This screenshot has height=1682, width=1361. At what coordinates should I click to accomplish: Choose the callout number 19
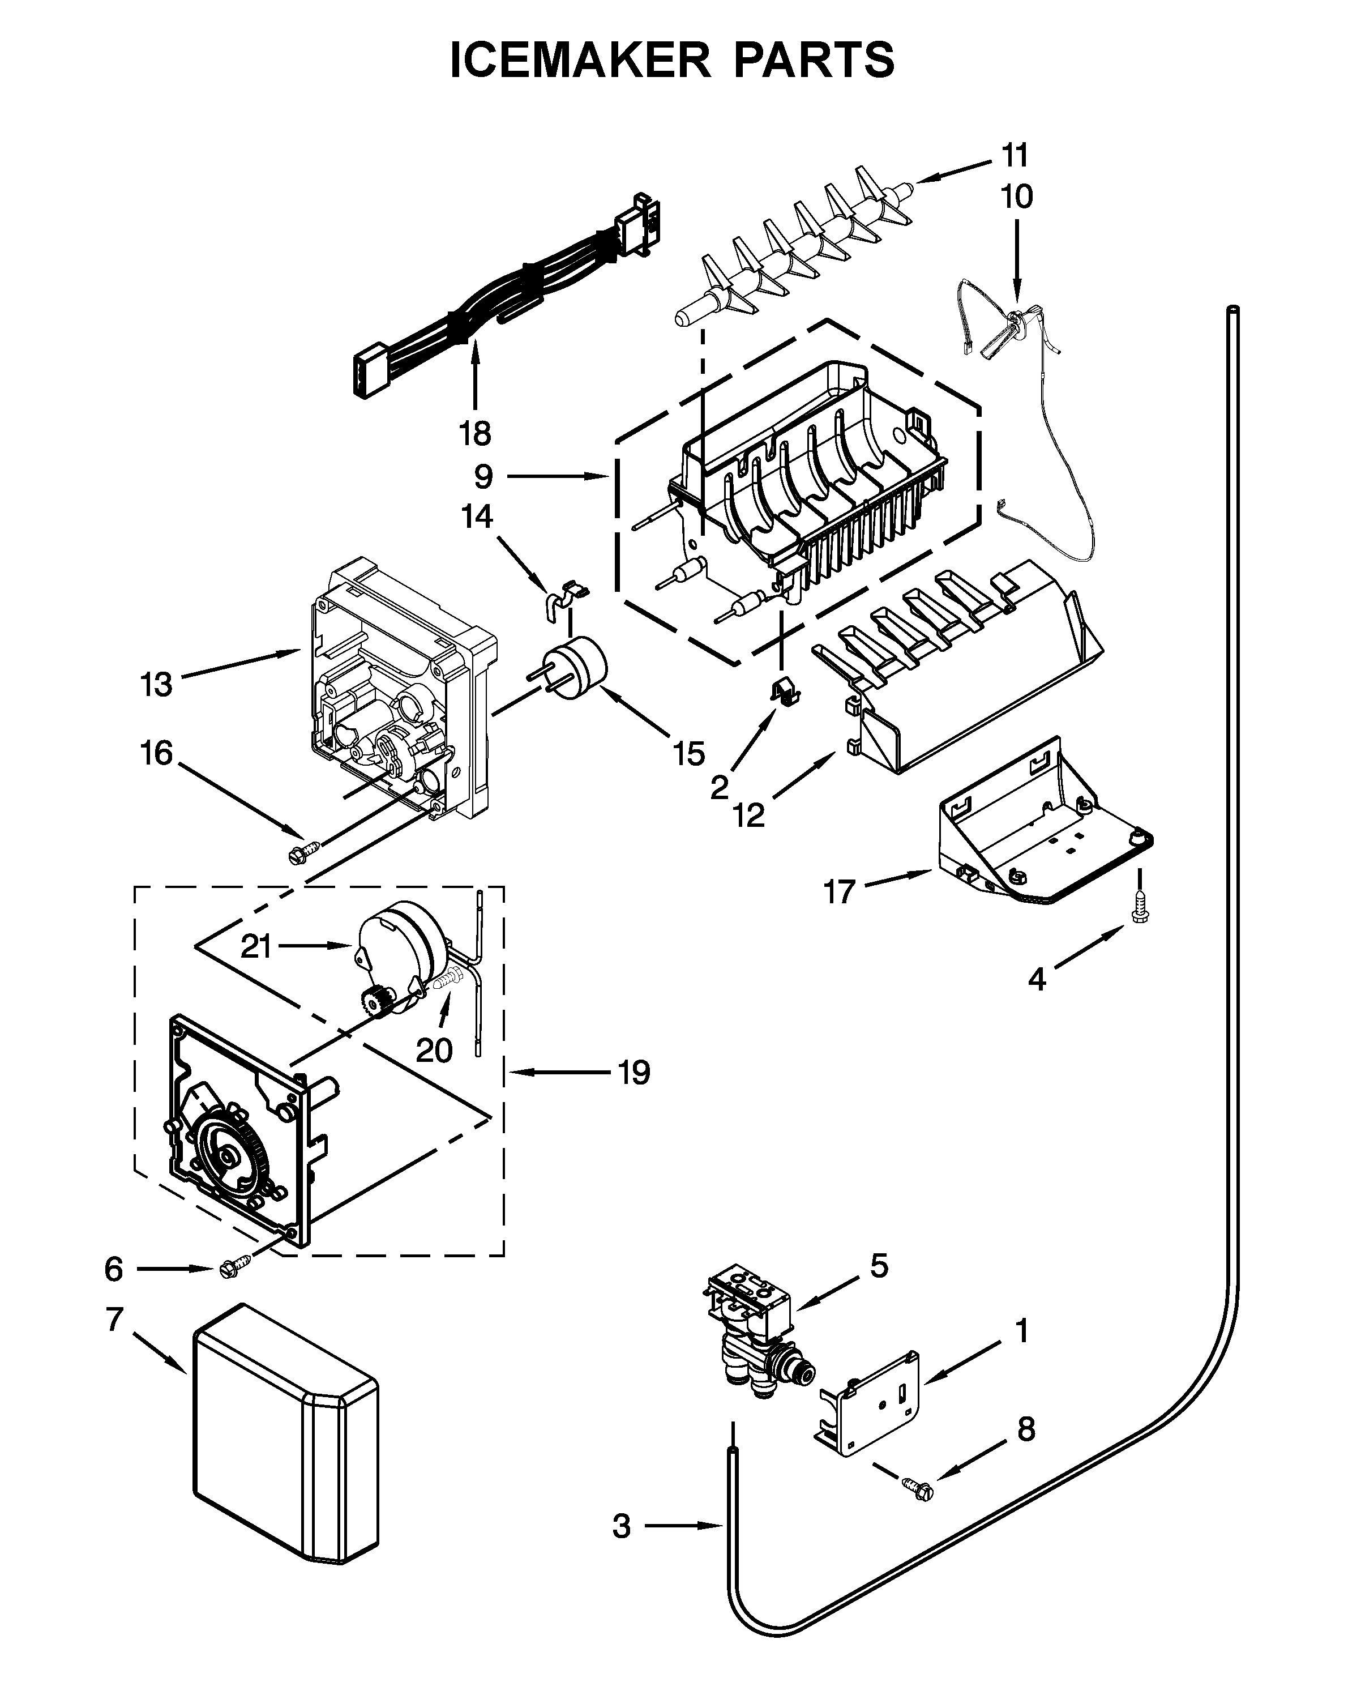[634, 1072]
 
